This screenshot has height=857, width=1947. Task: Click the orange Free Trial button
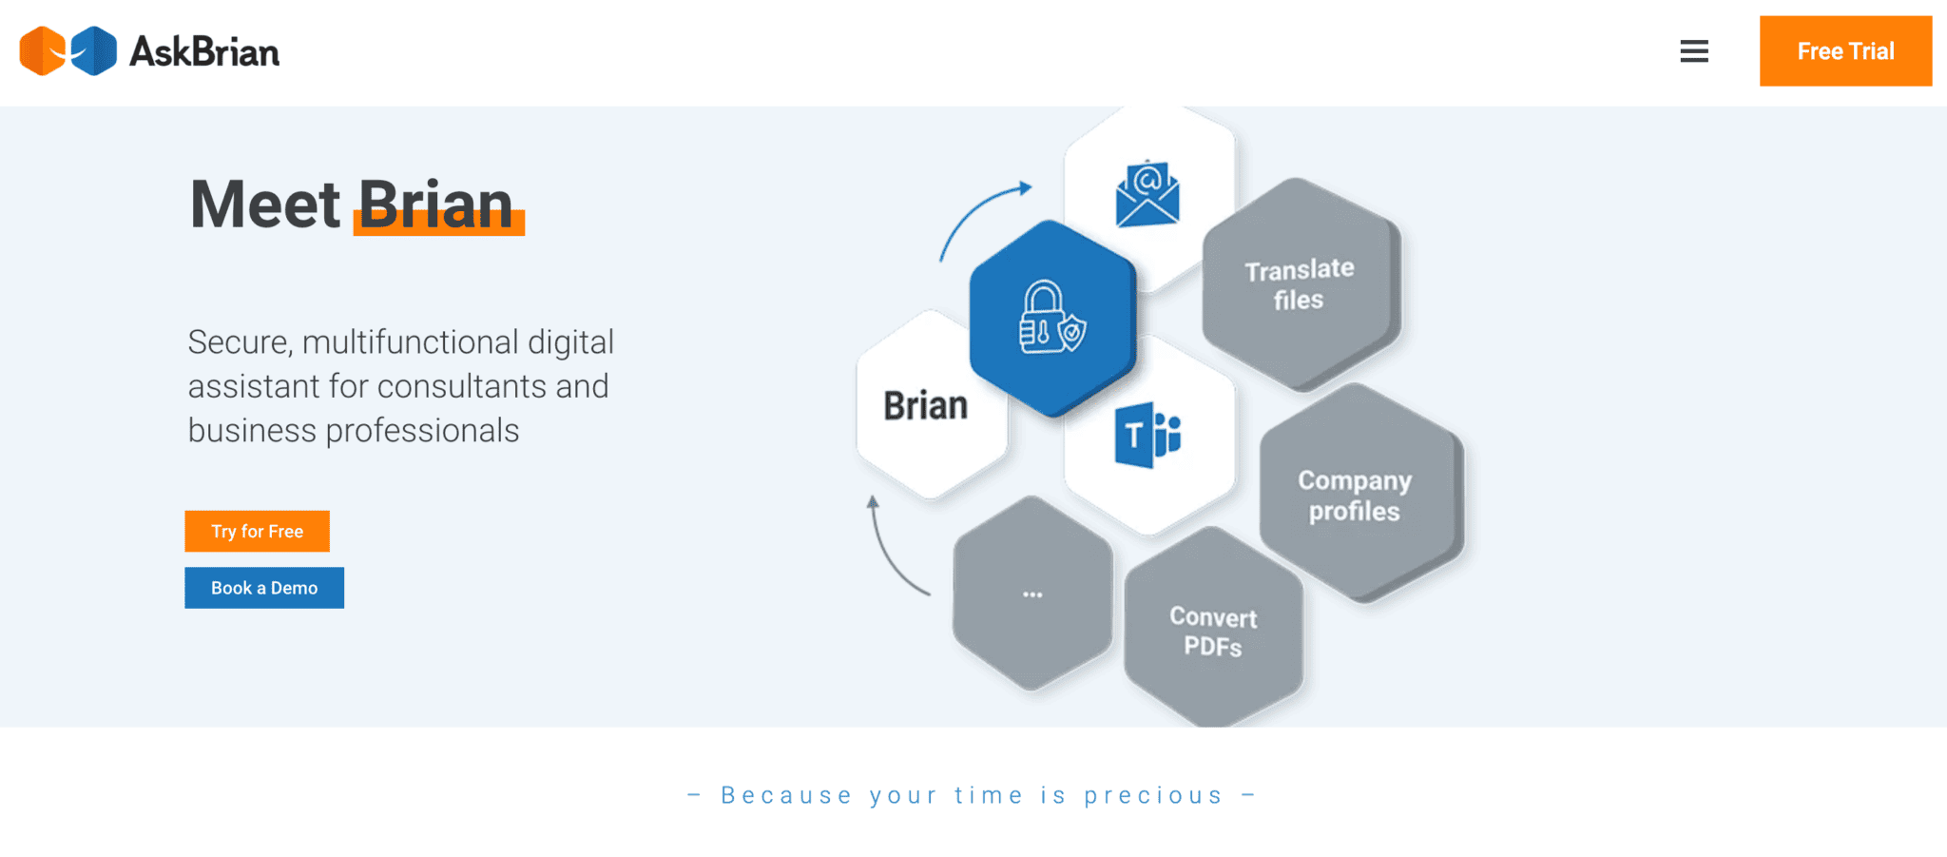(1844, 51)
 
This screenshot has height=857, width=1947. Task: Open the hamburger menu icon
(1694, 51)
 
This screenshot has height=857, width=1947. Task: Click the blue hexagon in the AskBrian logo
(95, 51)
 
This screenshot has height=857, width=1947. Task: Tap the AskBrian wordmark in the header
(204, 52)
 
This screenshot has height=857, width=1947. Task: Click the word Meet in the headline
(265, 205)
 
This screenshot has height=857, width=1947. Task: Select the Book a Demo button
(264, 588)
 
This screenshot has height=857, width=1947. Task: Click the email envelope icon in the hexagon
(1147, 195)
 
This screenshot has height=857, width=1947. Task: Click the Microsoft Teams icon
(1147, 436)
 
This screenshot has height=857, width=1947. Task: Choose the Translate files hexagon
(1300, 284)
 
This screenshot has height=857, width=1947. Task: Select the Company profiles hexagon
(1356, 496)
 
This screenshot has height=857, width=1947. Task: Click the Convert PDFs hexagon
(1213, 632)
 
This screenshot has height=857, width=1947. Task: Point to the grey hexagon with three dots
(1032, 594)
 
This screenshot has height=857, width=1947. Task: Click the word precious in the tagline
(1153, 795)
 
